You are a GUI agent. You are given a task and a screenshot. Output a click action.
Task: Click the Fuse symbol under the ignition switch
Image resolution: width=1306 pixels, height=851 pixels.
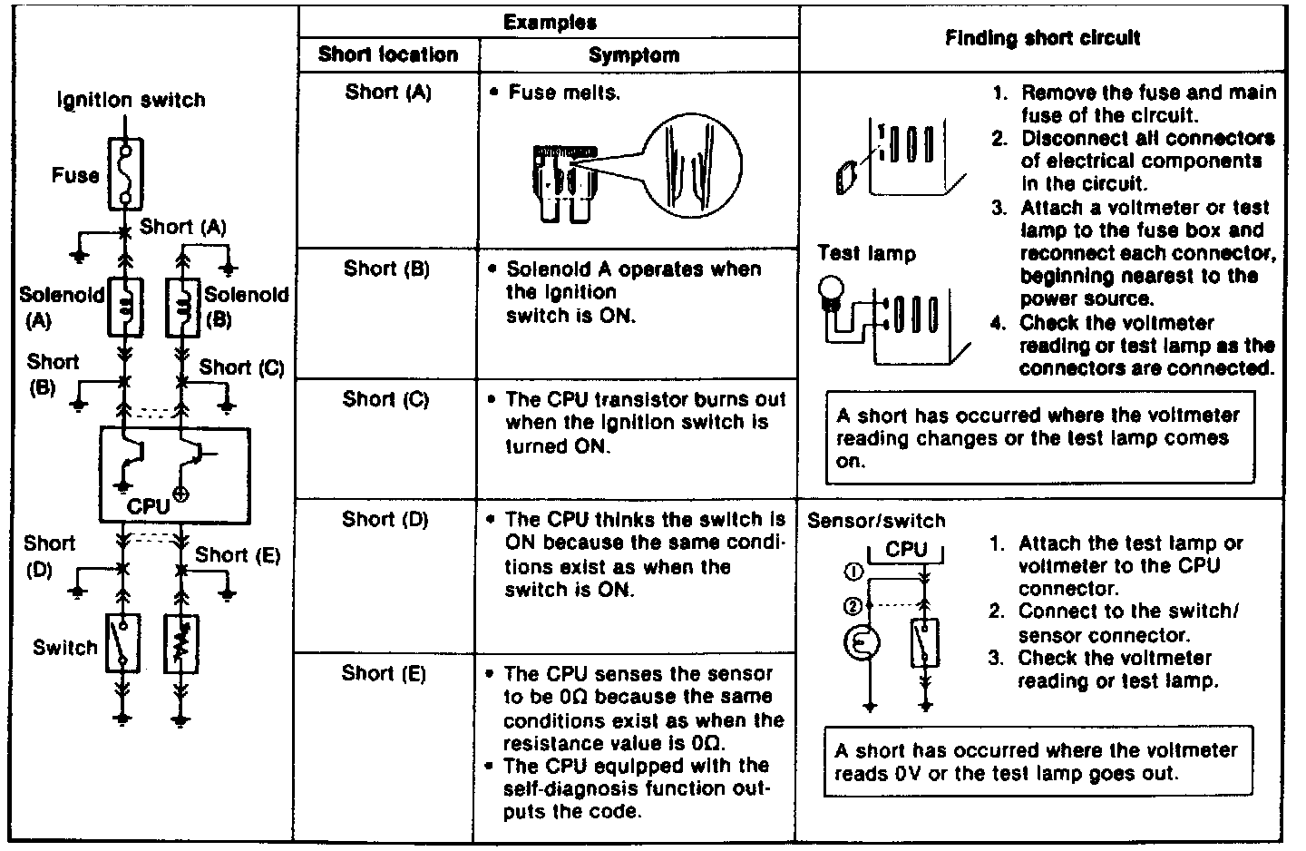point(123,173)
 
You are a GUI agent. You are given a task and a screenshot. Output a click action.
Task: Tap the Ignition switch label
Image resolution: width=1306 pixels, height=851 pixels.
point(132,100)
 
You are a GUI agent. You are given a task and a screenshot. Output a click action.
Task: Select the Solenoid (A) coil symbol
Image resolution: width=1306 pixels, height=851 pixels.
point(124,305)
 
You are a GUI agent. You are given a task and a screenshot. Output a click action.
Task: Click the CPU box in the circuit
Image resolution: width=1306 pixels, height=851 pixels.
point(174,475)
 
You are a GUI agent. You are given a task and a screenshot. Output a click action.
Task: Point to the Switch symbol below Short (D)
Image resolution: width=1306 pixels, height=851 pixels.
point(122,642)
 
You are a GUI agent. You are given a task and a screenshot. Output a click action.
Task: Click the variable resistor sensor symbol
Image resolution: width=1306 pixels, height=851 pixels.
point(181,644)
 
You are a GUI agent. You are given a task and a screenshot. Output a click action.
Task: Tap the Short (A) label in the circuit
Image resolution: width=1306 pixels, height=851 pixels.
point(182,227)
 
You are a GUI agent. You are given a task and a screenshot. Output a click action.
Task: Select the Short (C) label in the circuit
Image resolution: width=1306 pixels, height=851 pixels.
point(241,367)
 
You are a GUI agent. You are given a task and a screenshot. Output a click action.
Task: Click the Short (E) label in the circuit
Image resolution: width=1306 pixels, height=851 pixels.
point(238,554)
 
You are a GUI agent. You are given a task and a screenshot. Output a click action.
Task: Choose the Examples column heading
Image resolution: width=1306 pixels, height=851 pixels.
point(550,23)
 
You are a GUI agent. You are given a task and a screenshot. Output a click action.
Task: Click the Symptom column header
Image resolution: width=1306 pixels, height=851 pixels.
point(634,55)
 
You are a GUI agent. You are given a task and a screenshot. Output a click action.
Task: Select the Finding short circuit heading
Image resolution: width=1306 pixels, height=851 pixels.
point(1043,38)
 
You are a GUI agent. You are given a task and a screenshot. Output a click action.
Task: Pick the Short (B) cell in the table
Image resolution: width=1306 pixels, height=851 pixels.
point(386,269)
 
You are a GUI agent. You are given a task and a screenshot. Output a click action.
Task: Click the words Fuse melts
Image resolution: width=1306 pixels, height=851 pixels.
point(564,93)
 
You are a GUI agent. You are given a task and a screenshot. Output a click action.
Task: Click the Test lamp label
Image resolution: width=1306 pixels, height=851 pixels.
point(866,254)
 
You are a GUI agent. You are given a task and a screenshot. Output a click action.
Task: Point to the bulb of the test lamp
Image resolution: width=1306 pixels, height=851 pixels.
point(831,290)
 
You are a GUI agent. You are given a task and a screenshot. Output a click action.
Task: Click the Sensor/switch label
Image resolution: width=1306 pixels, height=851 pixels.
point(875,521)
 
